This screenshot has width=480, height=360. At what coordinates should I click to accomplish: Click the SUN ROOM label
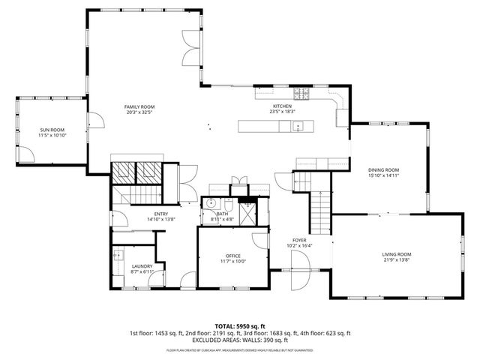(x=52, y=130)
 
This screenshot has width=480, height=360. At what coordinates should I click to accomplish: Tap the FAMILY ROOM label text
(x=139, y=107)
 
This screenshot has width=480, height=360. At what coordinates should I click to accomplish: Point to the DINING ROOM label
(x=383, y=170)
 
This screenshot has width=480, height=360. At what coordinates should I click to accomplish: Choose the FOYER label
(x=300, y=240)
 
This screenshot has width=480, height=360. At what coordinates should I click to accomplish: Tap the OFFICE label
(x=233, y=256)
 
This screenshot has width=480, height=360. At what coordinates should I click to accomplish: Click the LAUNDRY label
(x=142, y=265)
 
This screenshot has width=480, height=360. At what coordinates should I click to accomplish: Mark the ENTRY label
(x=161, y=214)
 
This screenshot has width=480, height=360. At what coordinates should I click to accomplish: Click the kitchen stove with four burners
(x=301, y=94)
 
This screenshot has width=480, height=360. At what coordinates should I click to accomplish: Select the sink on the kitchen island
(x=298, y=126)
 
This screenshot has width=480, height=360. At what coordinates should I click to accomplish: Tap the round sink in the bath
(x=211, y=203)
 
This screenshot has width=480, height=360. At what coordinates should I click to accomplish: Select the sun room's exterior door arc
(x=28, y=154)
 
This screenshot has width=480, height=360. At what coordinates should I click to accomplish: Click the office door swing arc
(x=259, y=239)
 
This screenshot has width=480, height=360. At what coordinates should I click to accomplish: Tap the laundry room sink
(x=119, y=255)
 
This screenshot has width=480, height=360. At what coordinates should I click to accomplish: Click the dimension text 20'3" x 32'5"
(x=139, y=112)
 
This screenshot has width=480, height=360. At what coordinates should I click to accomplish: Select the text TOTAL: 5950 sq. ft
(x=239, y=325)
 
